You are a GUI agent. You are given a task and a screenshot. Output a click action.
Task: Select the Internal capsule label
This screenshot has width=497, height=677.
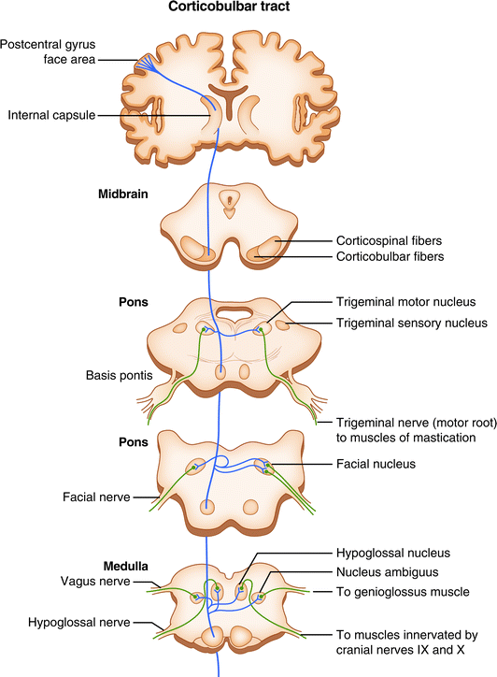[x=53, y=117]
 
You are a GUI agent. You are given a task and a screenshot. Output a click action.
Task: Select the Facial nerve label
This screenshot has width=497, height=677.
[x=97, y=497]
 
